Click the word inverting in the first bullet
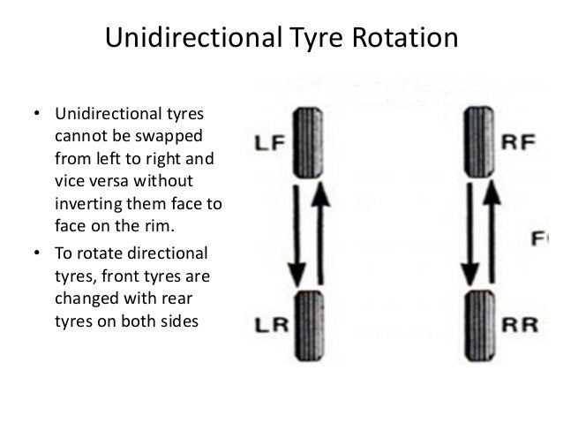85,204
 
